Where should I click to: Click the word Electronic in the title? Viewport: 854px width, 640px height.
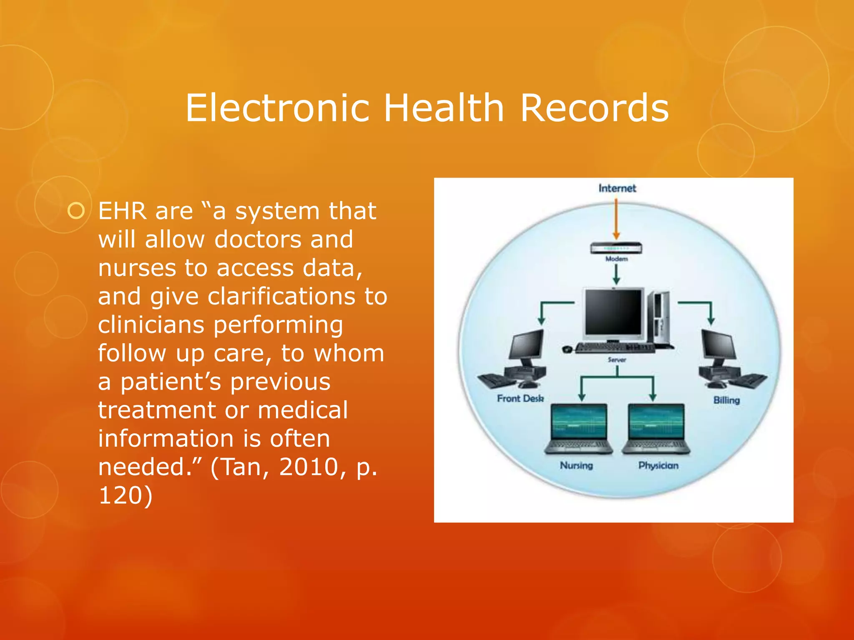tap(278, 108)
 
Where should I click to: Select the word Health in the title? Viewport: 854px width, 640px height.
tap(444, 108)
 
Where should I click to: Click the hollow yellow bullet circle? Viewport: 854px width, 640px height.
tap(76, 211)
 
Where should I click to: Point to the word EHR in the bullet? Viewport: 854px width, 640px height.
tap(123, 211)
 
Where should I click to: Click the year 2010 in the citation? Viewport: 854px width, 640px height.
tap(308, 467)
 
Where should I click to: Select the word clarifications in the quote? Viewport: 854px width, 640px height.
tap(282, 297)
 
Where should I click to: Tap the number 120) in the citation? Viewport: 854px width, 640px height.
tap(126, 495)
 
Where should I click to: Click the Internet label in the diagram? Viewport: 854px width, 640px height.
tap(617, 188)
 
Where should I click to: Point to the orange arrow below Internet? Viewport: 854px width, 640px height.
tap(616, 219)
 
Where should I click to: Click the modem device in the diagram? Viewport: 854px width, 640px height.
tap(616, 248)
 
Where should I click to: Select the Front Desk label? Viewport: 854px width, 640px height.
tap(520, 399)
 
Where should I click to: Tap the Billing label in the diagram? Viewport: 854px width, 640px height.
tap(726, 400)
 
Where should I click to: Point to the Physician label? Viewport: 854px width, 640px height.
tap(658, 465)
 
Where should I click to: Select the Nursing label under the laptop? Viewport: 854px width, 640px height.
tap(576, 465)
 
